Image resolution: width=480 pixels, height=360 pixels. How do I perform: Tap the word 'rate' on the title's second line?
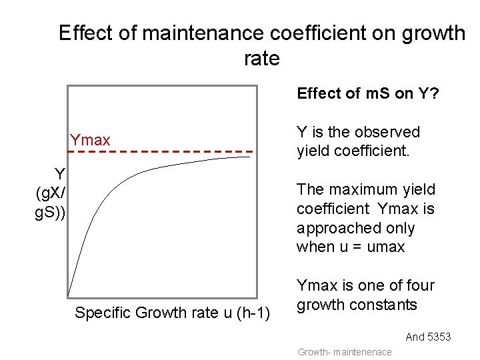[x=261, y=59]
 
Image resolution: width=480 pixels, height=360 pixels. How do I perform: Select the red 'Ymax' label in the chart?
[x=90, y=140]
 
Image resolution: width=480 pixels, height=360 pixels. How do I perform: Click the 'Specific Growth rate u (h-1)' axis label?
[x=172, y=313]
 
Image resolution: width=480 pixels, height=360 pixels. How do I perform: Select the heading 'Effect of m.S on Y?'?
[x=367, y=93]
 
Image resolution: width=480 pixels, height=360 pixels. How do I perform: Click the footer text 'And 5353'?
[x=428, y=337]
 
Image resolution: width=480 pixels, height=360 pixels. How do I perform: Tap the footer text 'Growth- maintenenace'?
[x=344, y=352]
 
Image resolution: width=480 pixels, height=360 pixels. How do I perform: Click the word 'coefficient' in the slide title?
[x=303, y=33]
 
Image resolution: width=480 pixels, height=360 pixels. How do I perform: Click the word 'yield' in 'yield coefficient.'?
[x=314, y=151]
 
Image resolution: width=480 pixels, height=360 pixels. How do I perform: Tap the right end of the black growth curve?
[x=249, y=157]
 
